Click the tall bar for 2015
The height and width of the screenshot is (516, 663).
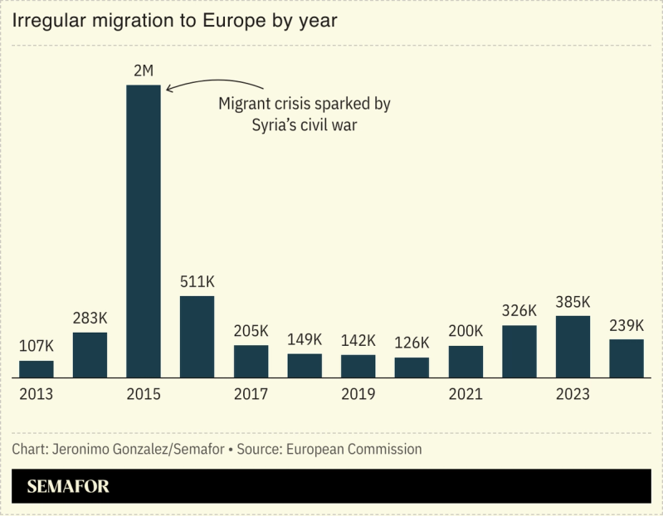point(144,231)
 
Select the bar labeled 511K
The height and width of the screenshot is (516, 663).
point(197,337)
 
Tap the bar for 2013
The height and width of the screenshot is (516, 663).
point(37,369)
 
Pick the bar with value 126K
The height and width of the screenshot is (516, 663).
point(412,368)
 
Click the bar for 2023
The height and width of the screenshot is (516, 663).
point(573,347)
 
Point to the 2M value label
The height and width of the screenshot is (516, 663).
point(144,71)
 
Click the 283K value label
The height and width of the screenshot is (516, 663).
point(90,319)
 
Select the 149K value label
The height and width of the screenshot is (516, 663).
point(305,340)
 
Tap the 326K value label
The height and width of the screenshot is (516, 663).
point(519,311)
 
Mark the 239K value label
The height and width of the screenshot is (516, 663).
point(626,325)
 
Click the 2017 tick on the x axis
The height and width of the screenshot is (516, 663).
point(251,394)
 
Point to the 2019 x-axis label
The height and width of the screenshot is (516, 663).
point(358,394)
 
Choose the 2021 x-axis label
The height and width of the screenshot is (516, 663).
point(466,394)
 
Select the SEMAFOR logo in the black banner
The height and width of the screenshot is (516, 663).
point(68,487)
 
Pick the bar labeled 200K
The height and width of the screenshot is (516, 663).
point(466,362)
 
